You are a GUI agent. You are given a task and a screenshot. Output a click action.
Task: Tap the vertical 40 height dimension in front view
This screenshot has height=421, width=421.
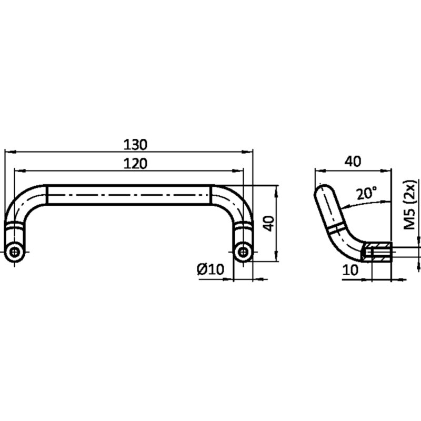(268, 224)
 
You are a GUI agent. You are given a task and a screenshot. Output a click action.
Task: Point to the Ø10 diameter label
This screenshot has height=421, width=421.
(210, 269)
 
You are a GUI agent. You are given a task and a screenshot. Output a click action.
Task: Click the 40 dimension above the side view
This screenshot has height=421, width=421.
(353, 162)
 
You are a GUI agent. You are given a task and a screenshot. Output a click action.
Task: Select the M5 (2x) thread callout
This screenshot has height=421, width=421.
(410, 205)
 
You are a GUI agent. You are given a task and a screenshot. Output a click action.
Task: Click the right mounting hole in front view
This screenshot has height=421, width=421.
(243, 252)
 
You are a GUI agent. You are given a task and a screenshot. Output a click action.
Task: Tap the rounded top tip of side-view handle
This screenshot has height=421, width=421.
(322, 188)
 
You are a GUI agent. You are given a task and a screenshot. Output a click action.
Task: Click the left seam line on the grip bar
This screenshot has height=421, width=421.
(47, 195)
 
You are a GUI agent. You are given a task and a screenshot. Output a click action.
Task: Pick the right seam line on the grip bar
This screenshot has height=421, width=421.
(212, 195)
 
